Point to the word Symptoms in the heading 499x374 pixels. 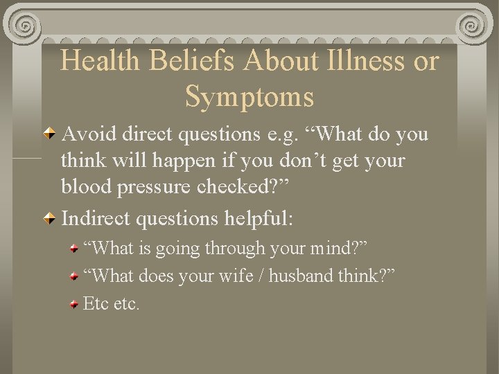[x=249, y=96]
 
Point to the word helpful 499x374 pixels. [x=257, y=220]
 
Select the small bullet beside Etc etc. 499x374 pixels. [x=74, y=303]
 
